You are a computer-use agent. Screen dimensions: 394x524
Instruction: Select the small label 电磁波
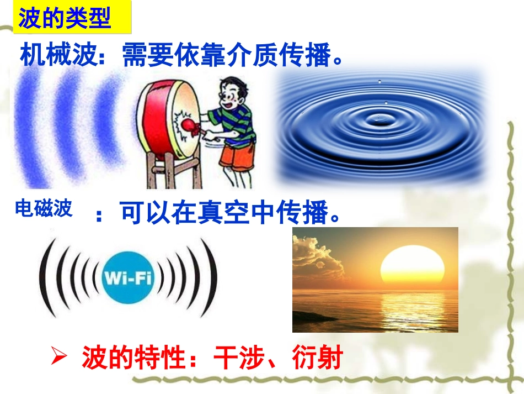[x=44, y=209]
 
